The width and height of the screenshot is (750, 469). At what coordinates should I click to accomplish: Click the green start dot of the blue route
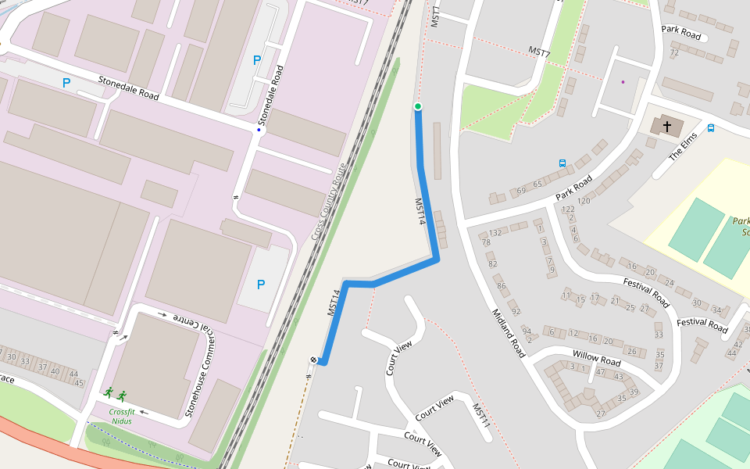[x=418, y=106]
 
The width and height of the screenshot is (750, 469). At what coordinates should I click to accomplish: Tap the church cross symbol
[x=667, y=125]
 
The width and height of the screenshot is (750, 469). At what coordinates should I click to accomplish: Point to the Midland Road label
[x=509, y=332]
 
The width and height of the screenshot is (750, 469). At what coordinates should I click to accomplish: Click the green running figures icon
[x=114, y=394]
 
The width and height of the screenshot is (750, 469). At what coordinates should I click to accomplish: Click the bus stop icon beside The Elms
[x=711, y=128]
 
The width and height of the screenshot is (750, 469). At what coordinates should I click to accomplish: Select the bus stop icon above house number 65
[x=562, y=163]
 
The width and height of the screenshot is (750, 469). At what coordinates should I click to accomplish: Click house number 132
[x=495, y=233]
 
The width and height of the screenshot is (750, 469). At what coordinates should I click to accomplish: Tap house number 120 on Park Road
[x=583, y=201]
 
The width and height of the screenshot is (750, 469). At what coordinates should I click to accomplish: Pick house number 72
[x=674, y=52]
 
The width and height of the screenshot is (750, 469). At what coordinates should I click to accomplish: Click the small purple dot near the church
[x=623, y=81]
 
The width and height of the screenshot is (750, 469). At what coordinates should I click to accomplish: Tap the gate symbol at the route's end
[x=314, y=360]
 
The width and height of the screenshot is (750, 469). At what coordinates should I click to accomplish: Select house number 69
[x=521, y=191]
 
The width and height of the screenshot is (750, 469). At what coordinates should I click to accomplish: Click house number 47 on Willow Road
[x=599, y=372]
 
